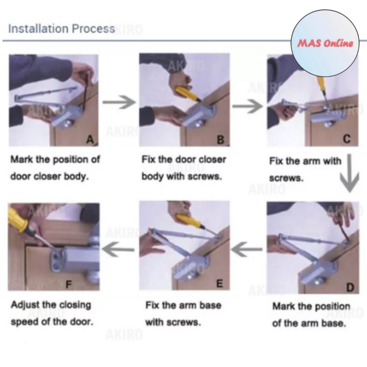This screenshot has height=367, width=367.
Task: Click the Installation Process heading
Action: (x=62, y=29)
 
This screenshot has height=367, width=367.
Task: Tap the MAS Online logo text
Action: (x=325, y=43)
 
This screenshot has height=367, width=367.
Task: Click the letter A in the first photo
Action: (x=90, y=140)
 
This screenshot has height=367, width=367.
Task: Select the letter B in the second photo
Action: (x=220, y=140)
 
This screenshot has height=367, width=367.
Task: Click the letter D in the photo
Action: (x=350, y=287)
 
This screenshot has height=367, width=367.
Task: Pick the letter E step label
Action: (x=220, y=283)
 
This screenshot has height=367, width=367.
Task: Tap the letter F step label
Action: (x=68, y=284)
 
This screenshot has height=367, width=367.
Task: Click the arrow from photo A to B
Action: (x=119, y=102)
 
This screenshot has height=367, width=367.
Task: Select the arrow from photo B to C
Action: (x=248, y=106)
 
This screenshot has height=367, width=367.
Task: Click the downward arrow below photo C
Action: (x=349, y=173)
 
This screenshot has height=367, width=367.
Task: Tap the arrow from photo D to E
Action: (x=247, y=249)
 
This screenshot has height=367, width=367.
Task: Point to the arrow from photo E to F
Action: (x=118, y=249)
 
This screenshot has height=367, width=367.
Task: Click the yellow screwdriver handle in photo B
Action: (x=186, y=92)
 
